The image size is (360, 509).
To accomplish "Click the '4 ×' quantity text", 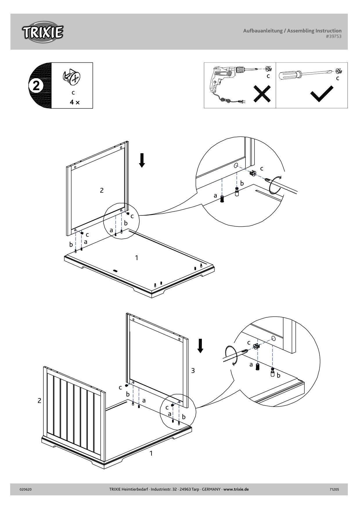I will (74, 102).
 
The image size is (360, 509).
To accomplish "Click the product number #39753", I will (334, 37).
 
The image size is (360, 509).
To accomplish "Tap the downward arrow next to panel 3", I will (200, 346).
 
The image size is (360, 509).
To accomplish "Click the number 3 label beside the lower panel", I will (193, 370).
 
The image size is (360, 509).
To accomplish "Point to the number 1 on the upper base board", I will (136, 258).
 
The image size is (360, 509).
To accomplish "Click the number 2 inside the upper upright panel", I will (102, 190).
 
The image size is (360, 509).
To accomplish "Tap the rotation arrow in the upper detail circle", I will (275, 185).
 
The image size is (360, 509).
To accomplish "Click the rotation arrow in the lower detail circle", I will (232, 355).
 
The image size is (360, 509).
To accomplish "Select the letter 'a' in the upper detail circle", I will (215, 196).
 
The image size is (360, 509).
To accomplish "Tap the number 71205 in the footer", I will (334, 489).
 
